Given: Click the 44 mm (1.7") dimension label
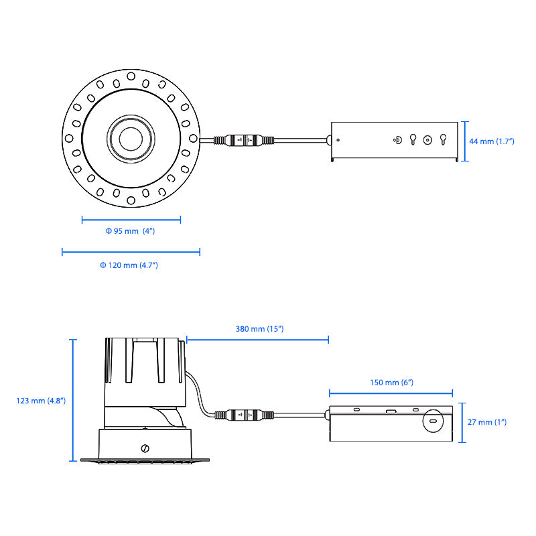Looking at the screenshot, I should point(491,141).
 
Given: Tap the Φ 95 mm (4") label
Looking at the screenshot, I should point(131,231).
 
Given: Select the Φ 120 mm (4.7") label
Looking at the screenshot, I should point(129,266).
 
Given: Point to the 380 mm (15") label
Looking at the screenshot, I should point(260,329).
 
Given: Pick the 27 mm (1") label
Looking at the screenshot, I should point(488,422).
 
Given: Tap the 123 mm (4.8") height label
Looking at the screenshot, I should point(41,401).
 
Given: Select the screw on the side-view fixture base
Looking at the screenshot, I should point(145,448).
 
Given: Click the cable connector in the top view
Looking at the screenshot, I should point(244,141).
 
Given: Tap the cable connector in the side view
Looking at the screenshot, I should point(245,415).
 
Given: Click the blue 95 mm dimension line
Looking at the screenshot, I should point(131,219).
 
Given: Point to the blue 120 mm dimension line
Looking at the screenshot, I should point(131,252).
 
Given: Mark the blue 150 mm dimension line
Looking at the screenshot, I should point(391,393).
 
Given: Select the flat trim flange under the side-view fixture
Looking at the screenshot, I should point(145,460).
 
